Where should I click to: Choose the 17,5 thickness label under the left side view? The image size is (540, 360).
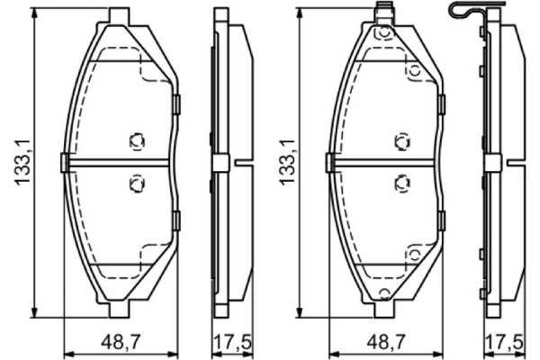point(231,342)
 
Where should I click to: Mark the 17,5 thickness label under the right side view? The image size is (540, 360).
point(502,342)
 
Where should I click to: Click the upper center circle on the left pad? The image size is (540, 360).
point(137,141)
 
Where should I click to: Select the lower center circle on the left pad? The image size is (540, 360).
point(137,183)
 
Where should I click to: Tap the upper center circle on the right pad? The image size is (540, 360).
point(401,141)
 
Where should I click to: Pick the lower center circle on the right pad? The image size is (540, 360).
point(401,183)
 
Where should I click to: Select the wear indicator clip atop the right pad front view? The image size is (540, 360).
point(384,13)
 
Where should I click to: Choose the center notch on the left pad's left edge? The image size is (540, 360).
point(65,162)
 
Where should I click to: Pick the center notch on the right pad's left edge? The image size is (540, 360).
point(329,162)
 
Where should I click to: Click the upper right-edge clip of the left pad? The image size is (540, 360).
point(177,104)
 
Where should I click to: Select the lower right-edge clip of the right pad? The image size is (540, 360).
point(442,220)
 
